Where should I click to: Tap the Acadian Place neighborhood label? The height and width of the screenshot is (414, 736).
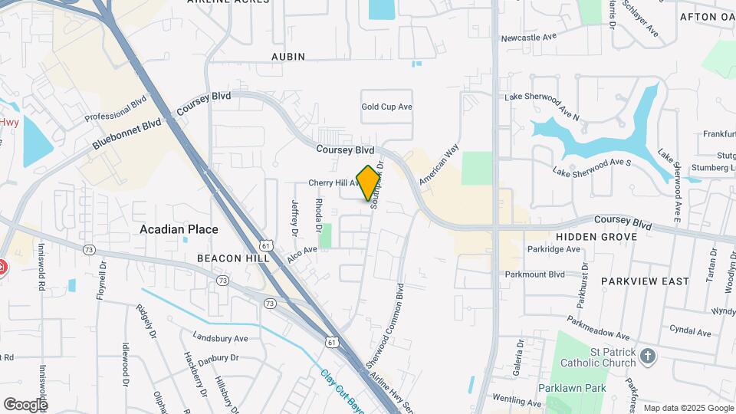pyautogui.click(x=179, y=229)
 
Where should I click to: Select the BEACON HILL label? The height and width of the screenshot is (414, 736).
pyautogui.click(x=233, y=258)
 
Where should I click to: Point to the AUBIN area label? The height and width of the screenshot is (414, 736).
pyautogui.click(x=288, y=57)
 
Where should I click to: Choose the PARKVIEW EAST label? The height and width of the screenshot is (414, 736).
pyautogui.click(x=645, y=281)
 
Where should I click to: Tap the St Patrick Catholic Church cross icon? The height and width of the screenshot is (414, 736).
pyautogui.click(x=648, y=356)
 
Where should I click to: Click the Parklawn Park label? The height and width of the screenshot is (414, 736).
pyautogui.click(x=571, y=388)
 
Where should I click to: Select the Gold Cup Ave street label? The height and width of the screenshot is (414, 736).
pyautogui.click(x=387, y=107)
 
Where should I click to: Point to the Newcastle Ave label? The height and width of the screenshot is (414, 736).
pyautogui.click(x=528, y=37)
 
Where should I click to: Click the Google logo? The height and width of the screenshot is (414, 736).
pyautogui.click(x=25, y=404)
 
